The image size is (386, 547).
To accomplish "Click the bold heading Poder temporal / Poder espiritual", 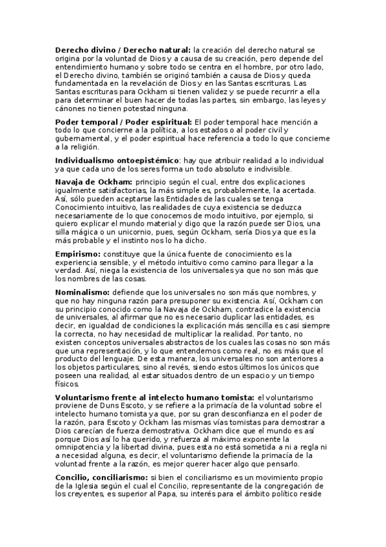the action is point(123,122).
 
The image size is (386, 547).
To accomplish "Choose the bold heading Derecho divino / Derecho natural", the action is point(122,49).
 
